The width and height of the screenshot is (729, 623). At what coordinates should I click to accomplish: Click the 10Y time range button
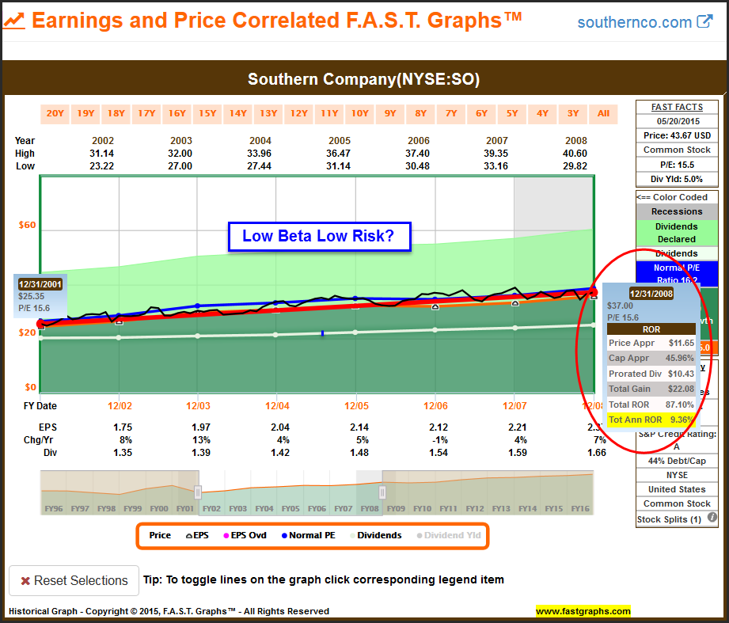coord(359,113)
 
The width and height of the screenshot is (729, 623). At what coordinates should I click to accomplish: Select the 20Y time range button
coord(55,113)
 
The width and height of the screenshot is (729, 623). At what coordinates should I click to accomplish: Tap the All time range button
coord(603,113)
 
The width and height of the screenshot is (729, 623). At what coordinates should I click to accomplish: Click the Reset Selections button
coord(74,580)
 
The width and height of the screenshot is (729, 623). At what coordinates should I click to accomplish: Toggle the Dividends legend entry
coord(374,535)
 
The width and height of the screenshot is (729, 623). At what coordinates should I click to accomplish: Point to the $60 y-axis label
coord(27,225)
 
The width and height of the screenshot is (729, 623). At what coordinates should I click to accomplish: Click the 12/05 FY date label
coord(355,405)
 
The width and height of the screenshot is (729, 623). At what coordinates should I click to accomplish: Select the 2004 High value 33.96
coord(276,154)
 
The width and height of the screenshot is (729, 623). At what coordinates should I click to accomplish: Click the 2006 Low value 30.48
coord(435,166)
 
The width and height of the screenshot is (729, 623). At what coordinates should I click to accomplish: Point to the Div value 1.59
coord(514,452)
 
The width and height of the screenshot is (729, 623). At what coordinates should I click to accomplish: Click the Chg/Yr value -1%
coord(435,439)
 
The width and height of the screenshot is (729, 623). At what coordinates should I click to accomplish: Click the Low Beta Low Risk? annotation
coord(320,236)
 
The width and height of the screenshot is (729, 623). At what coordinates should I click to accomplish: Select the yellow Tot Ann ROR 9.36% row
coord(651,420)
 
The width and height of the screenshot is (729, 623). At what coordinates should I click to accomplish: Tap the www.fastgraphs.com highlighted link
coord(583,611)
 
